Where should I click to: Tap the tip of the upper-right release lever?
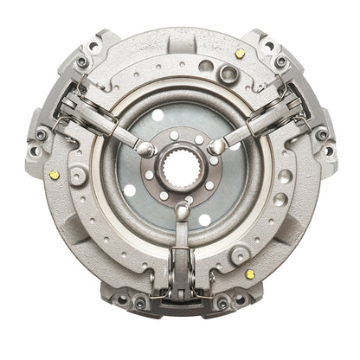(x=217, y=146)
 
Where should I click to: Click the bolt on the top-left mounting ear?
(x=83, y=61)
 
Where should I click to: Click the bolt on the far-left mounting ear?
(x=40, y=133)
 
